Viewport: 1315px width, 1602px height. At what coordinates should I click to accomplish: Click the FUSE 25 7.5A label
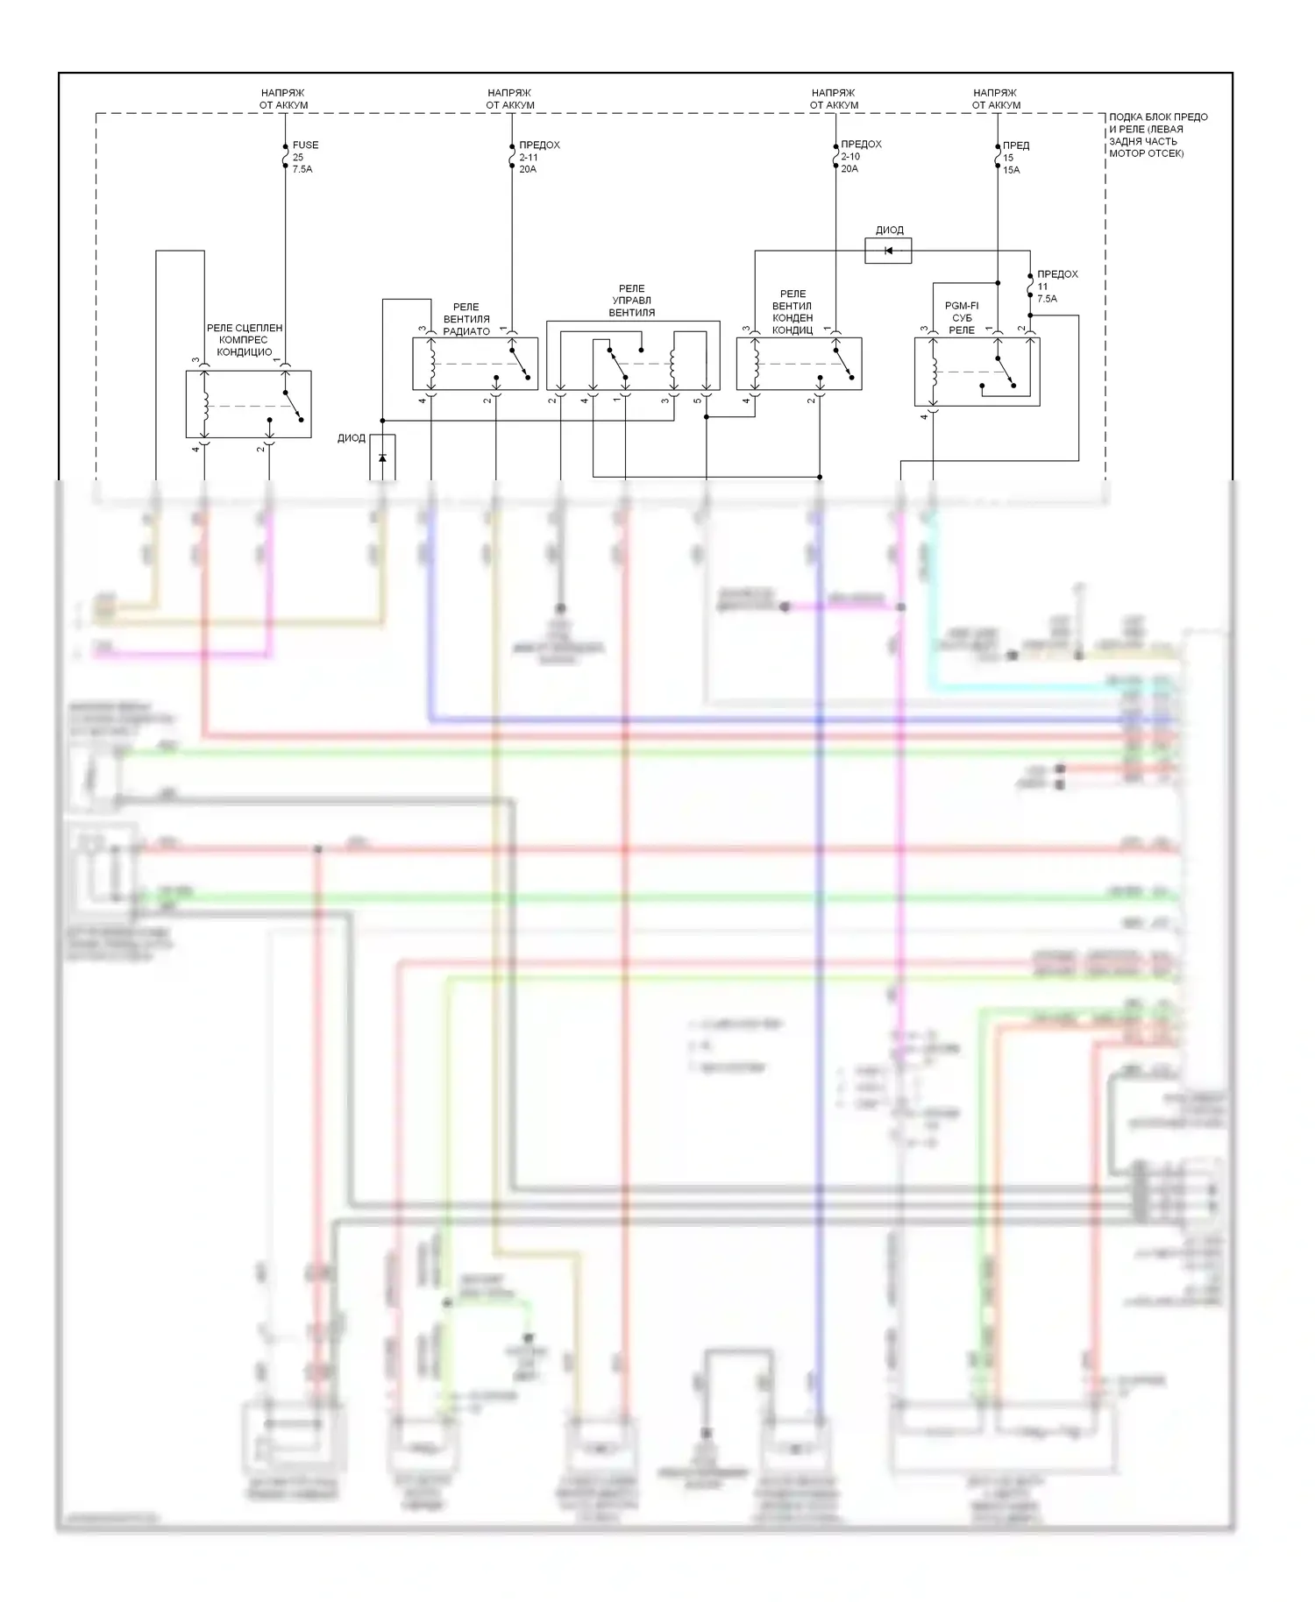coord(304,157)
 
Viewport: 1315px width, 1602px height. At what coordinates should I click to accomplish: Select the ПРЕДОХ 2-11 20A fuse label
coord(538,157)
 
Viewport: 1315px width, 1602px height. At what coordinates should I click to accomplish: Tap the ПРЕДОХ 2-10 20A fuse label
coord(860,156)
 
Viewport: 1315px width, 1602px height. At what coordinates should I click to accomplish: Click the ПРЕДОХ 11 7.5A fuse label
coord(1056,287)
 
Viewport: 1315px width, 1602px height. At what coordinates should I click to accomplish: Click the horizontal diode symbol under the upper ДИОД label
coord(888,251)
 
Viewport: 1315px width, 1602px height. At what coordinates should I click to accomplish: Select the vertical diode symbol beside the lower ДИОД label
coord(382,457)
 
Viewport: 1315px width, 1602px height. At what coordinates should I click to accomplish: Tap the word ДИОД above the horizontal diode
coord(889,230)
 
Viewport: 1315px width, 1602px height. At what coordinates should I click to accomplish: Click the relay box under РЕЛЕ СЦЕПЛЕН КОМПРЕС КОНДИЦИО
coord(248,404)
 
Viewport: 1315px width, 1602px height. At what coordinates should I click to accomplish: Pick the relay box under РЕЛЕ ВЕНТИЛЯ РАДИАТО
coord(475,364)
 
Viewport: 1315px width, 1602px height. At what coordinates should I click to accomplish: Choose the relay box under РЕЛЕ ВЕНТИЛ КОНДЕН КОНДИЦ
coord(799,364)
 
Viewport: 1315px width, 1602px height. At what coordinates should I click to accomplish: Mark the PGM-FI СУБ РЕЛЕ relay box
coord(977,372)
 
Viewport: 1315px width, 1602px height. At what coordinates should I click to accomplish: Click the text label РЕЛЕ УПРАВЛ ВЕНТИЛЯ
coord(631,301)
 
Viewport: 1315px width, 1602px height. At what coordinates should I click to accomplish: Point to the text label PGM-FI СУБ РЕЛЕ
coord(962,318)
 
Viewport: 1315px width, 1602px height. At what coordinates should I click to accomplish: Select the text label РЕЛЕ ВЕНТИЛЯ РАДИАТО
coord(466,319)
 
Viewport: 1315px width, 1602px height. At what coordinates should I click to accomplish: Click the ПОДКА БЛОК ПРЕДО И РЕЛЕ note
coord(1157,135)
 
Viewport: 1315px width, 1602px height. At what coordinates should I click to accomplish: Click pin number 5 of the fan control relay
coord(698,401)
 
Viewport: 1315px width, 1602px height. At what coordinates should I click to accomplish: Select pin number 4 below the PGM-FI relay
coord(924,417)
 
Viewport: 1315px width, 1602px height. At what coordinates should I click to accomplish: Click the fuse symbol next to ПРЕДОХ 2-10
coord(835,156)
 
